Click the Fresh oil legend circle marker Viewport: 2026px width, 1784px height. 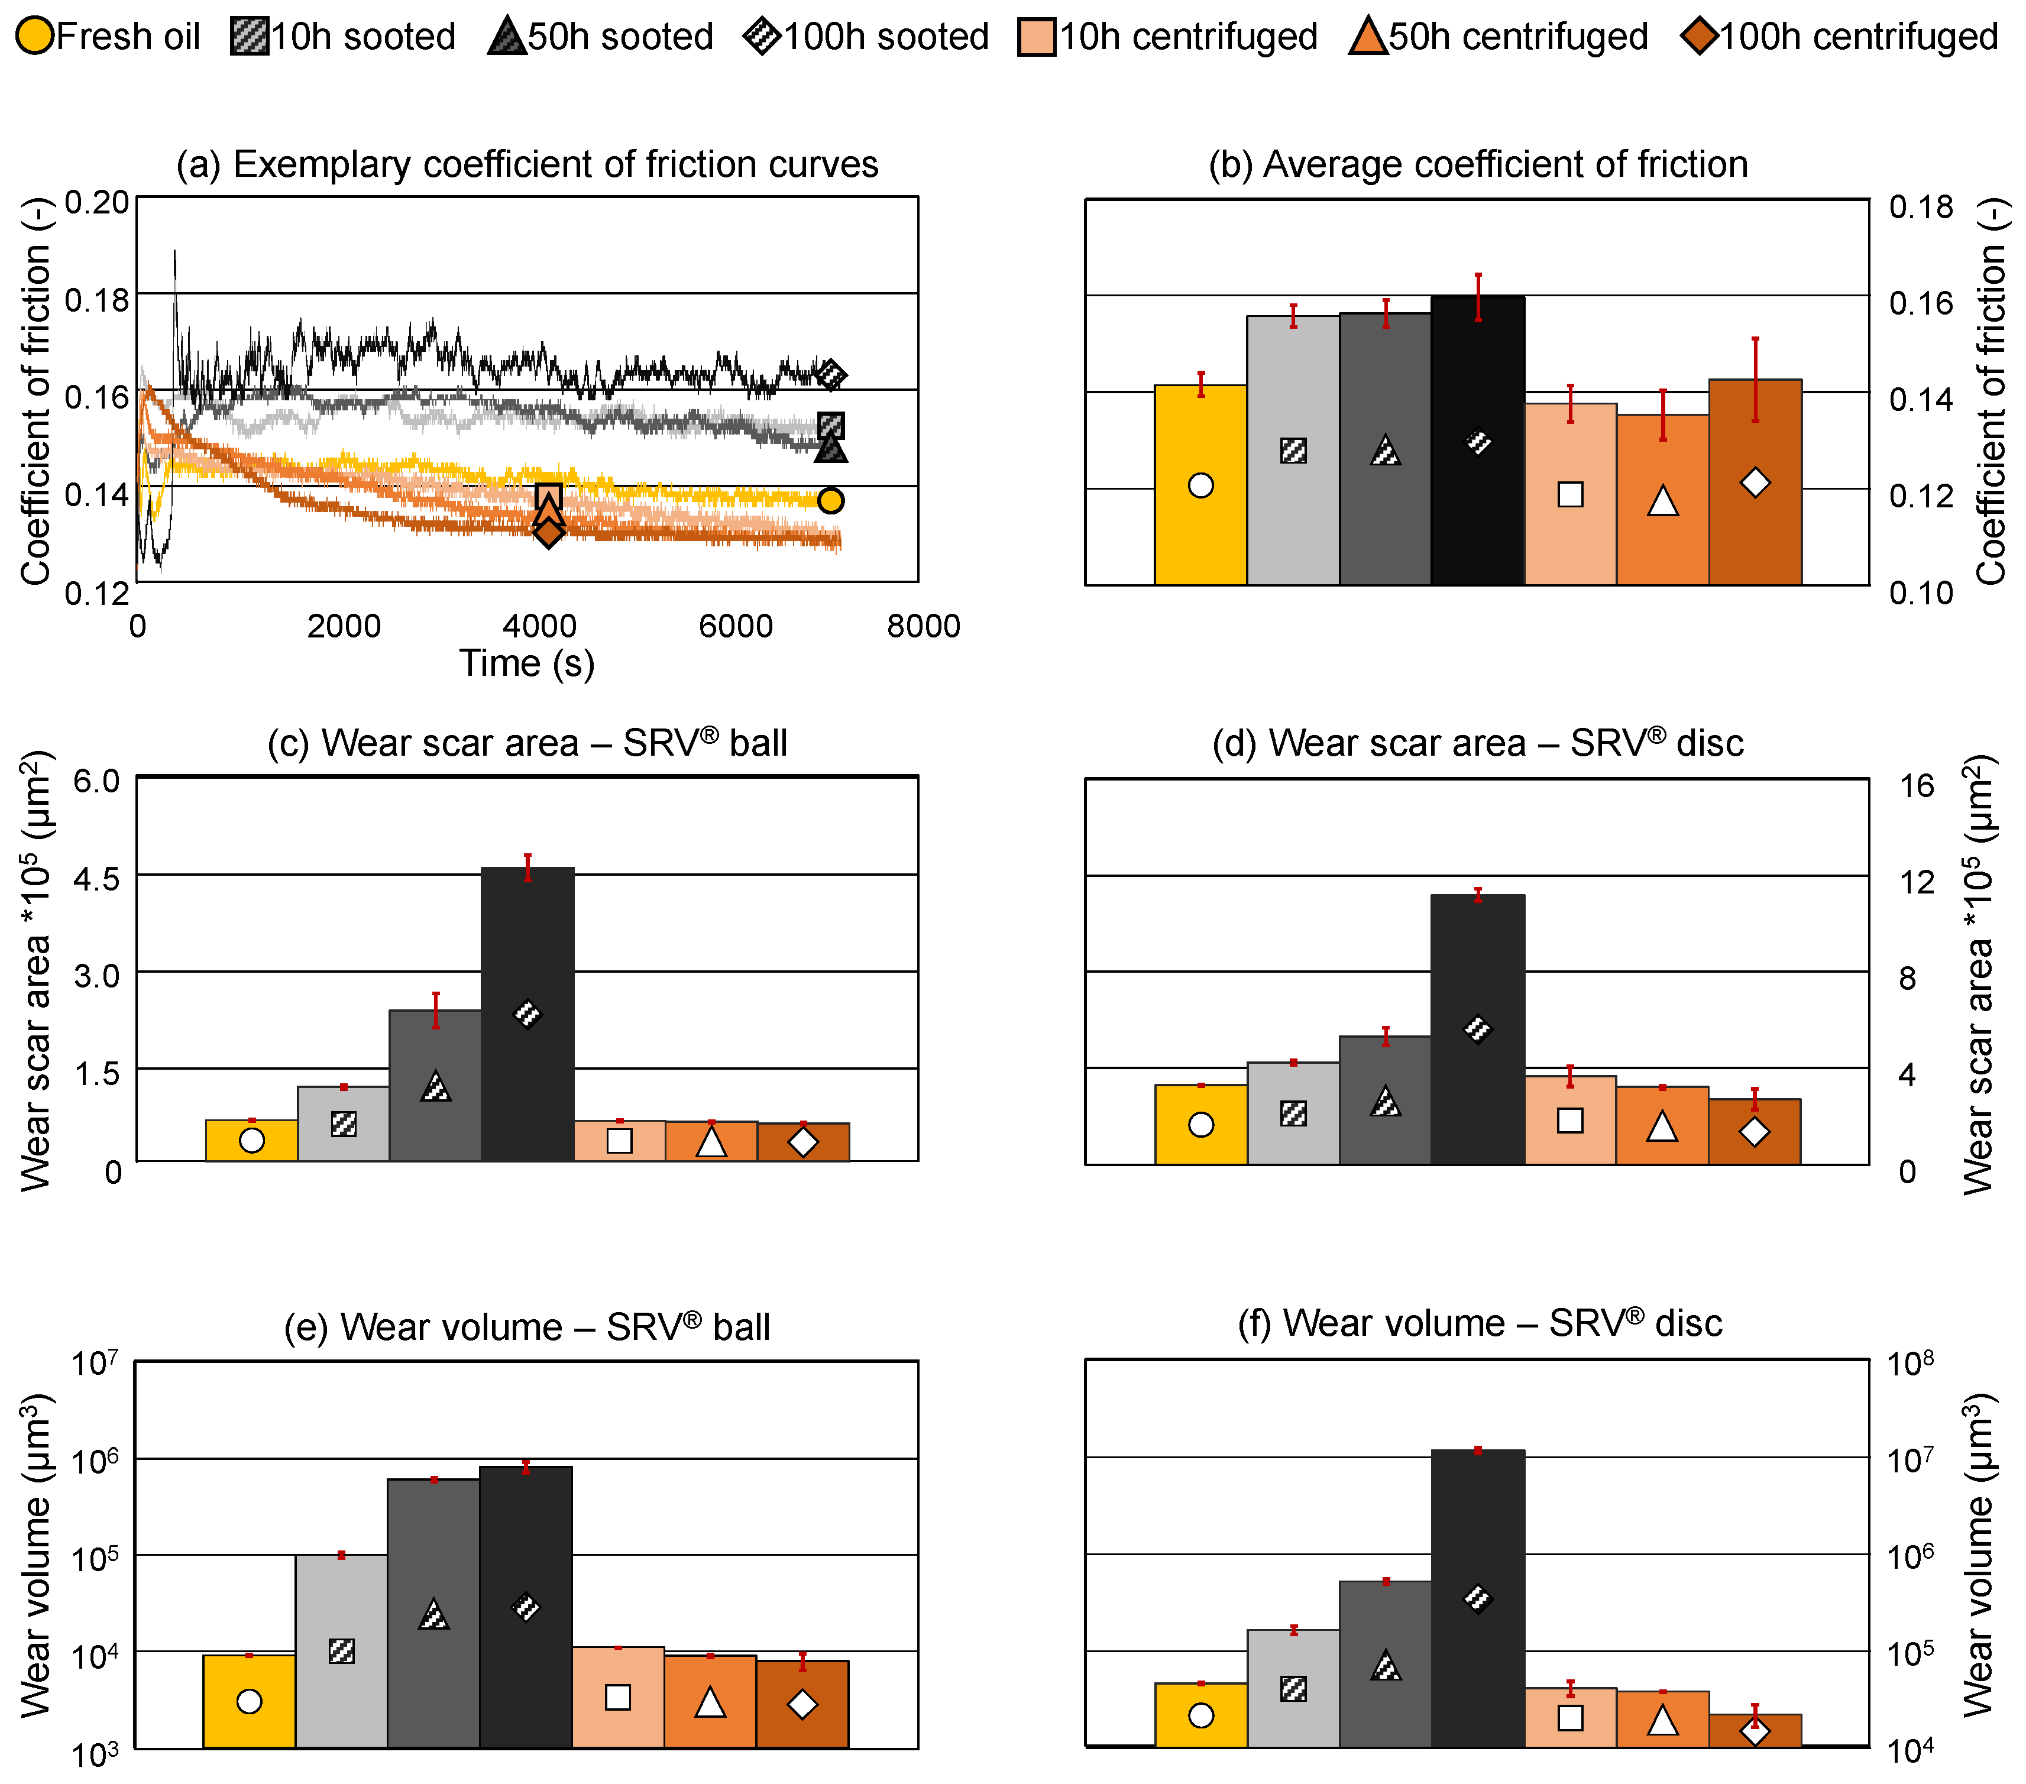[x=35, y=37]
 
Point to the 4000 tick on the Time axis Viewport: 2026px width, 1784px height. [x=539, y=626]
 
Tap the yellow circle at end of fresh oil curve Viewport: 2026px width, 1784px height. [x=831, y=500]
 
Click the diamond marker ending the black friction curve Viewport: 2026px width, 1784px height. [x=831, y=375]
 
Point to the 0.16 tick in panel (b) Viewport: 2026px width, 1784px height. [x=1920, y=303]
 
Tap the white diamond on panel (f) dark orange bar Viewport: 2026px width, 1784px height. [x=1755, y=1731]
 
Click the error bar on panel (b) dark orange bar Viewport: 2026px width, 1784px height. [x=1755, y=380]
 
